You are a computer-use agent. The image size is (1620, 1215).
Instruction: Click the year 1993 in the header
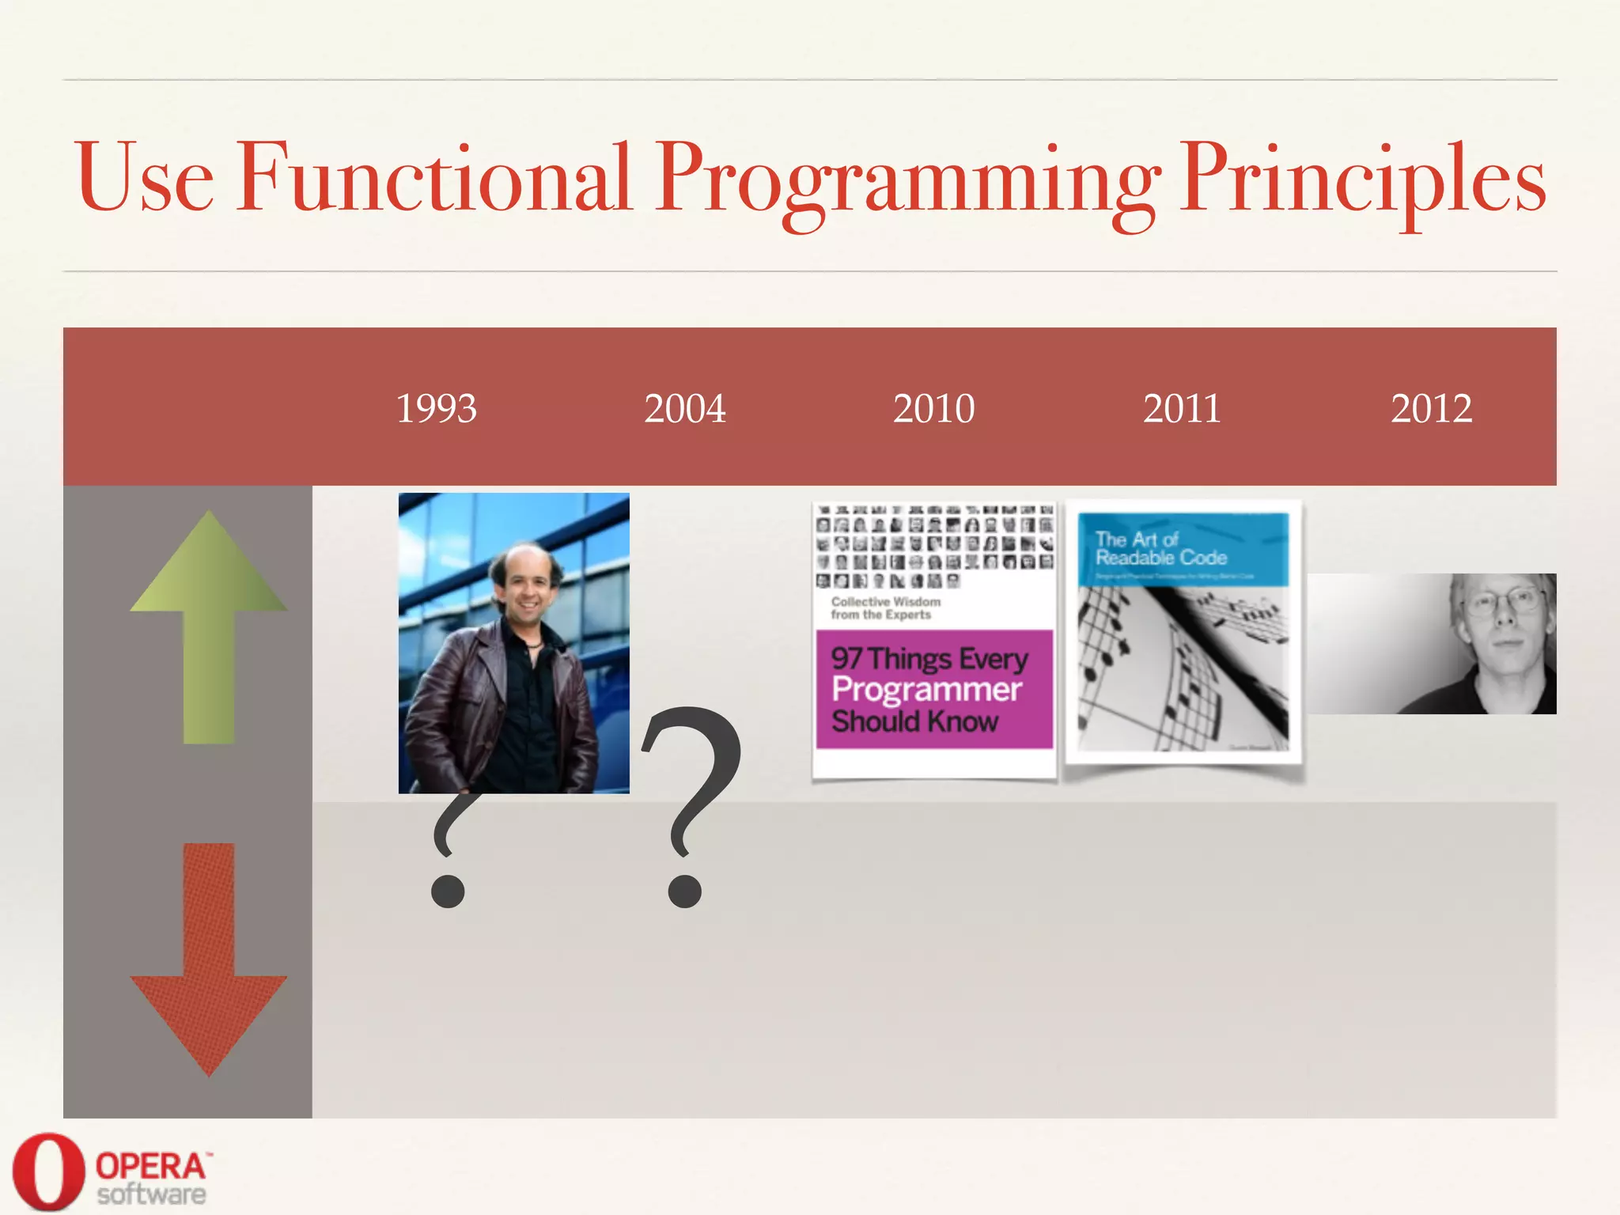pos(436,409)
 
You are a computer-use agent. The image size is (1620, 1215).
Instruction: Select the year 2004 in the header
pos(684,409)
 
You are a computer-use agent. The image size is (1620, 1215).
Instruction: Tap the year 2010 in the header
pos(933,409)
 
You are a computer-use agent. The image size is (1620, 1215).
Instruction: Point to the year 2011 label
pos(1182,409)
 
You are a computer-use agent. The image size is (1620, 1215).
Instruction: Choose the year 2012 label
pos(1431,409)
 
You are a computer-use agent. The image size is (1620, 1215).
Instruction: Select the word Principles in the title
pos(1361,180)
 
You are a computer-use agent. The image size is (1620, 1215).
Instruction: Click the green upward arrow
pos(209,625)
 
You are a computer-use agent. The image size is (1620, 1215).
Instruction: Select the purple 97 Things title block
pos(933,689)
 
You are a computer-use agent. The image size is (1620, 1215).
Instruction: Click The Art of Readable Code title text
pos(1160,548)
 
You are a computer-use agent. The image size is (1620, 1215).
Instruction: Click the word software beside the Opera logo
pos(151,1194)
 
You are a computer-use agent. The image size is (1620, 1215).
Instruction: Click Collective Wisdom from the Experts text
pos(885,607)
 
